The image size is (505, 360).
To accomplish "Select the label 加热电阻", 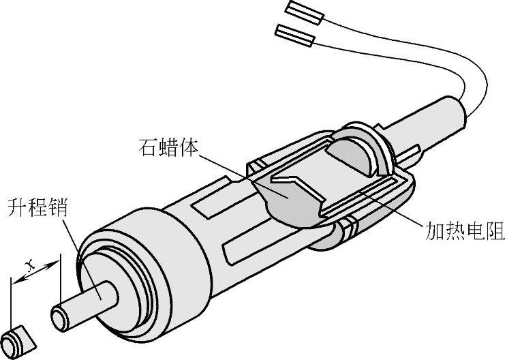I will [468, 232].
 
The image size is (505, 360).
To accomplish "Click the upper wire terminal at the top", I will [305, 12].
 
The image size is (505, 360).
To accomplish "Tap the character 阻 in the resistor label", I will [495, 232].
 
